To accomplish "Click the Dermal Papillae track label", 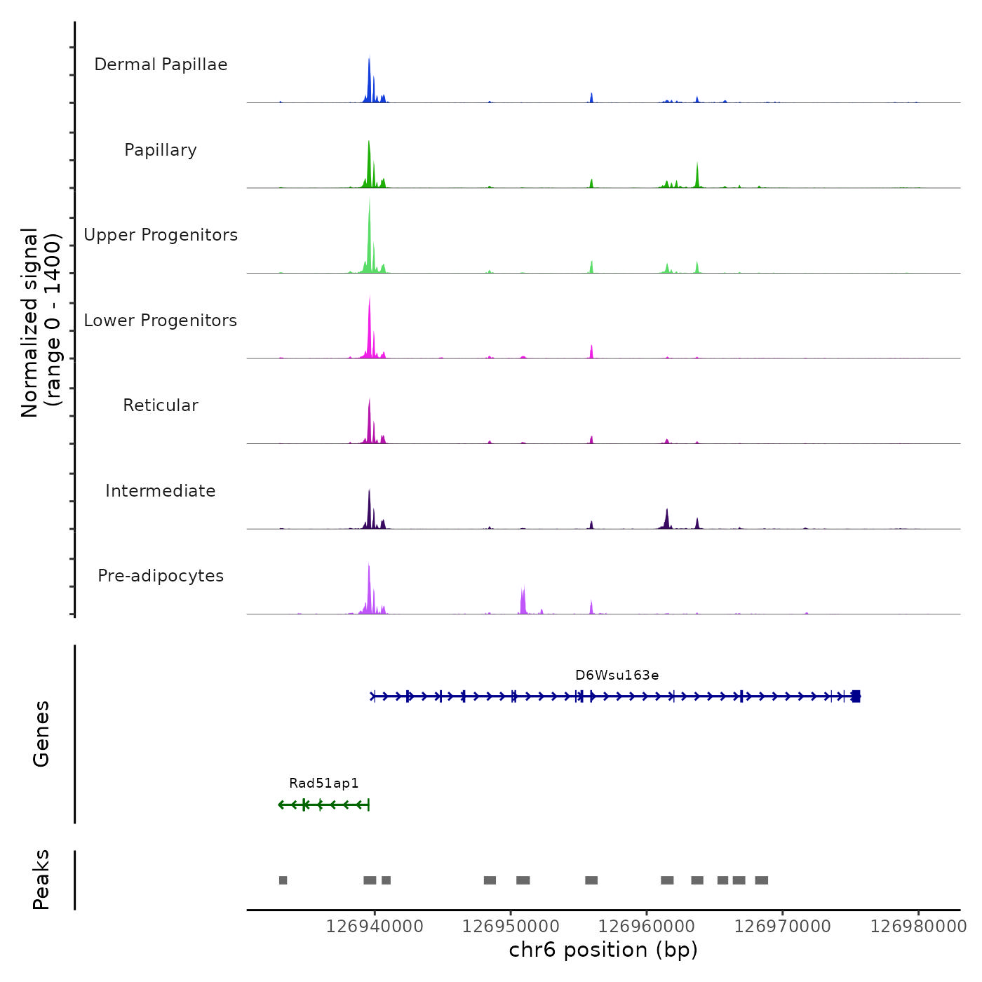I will pyautogui.click(x=161, y=65).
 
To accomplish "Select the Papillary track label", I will pyautogui.click(x=161, y=150).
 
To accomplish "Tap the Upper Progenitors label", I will pyautogui.click(x=161, y=235).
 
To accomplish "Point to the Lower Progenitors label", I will pyautogui.click(x=161, y=321).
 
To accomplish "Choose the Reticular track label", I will pyautogui.click(x=161, y=405).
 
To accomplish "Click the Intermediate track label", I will pyautogui.click(x=161, y=491).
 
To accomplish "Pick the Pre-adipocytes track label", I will pyautogui.click(x=161, y=576).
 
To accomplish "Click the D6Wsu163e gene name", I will pyautogui.click(x=617, y=675).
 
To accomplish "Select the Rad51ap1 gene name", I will pyautogui.click(x=323, y=783).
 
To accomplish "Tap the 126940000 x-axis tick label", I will pyautogui.click(x=375, y=927).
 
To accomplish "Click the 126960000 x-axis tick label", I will pyautogui.click(x=647, y=927).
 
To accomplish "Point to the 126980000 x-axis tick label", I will pyautogui.click(x=918, y=927).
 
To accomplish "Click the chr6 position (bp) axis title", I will pyautogui.click(x=603, y=950).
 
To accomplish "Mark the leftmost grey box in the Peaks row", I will pyautogui.click(x=283, y=880).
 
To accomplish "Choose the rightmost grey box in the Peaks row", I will pyautogui.click(x=761, y=880).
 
